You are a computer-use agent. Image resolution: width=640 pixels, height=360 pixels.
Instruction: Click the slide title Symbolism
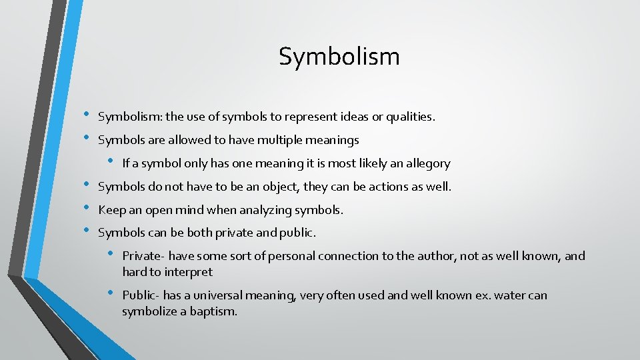point(339,57)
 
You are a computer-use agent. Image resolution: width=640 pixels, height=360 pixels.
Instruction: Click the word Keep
point(111,210)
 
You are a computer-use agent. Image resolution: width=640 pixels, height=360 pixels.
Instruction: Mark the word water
point(506,295)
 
